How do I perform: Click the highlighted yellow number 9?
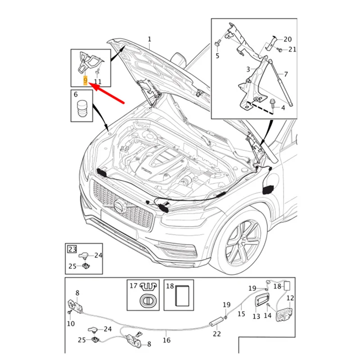point(85,81)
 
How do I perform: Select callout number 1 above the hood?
point(149,40)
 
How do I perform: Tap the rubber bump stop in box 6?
point(82,110)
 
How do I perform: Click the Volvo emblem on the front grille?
point(118,207)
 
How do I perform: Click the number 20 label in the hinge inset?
point(288,39)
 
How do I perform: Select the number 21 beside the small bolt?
point(292,49)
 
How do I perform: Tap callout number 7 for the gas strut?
point(285,73)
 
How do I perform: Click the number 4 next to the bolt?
point(283,108)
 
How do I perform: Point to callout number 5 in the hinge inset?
point(217,56)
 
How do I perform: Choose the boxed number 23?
point(72,248)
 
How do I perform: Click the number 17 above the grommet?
point(133,285)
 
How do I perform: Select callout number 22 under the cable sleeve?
point(217,333)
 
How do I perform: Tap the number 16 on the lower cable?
point(167,340)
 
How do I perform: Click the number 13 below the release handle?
point(256,316)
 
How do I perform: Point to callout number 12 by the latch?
point(290,297)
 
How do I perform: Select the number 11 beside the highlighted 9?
point(98,81)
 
